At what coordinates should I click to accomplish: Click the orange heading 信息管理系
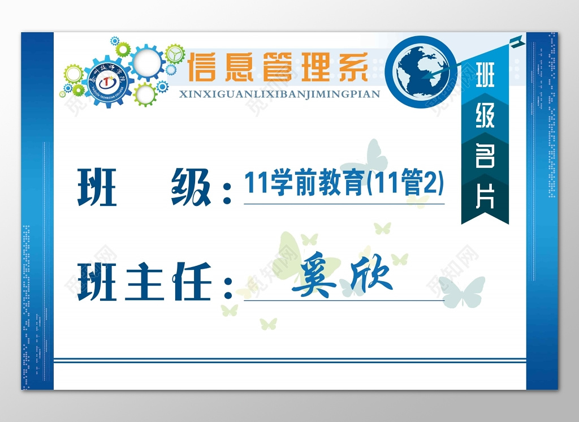coord(278,67)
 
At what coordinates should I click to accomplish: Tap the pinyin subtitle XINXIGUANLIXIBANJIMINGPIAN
coord(279,94)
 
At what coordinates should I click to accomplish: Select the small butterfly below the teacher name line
coord(268,324)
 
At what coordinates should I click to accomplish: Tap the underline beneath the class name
coord(344,203)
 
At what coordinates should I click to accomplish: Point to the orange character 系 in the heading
coord(355,67)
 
